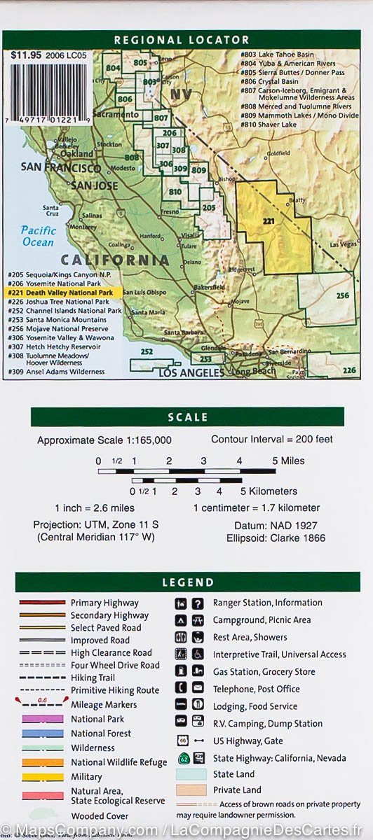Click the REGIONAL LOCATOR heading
tap(181, 40)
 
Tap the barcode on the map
tap(47, 91)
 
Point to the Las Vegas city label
tap(343, 244)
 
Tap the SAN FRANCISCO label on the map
tap(60, 167)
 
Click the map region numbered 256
tap(330, 297)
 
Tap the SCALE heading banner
tap(187, 417)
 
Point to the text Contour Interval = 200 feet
tap(272, 440)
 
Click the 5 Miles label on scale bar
tap(288, 461)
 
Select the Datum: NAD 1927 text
tap(271, 525)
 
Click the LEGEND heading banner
tap(187, 582)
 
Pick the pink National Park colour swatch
tap(43, 719)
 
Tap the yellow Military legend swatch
tap(43, 777)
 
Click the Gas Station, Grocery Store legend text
tap(265, 672)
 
